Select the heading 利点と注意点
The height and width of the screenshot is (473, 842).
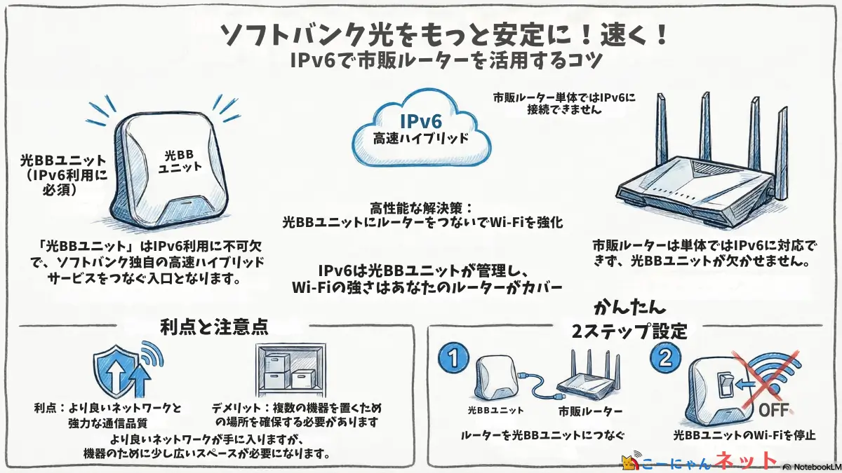tap(214, 327)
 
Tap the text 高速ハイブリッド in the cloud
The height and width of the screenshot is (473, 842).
tap(421, 138)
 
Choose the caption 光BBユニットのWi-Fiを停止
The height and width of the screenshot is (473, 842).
tap(744, 435)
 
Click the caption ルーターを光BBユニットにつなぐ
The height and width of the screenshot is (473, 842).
tap(542, 435)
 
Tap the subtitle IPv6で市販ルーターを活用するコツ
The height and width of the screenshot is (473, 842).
tap(446, 62)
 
